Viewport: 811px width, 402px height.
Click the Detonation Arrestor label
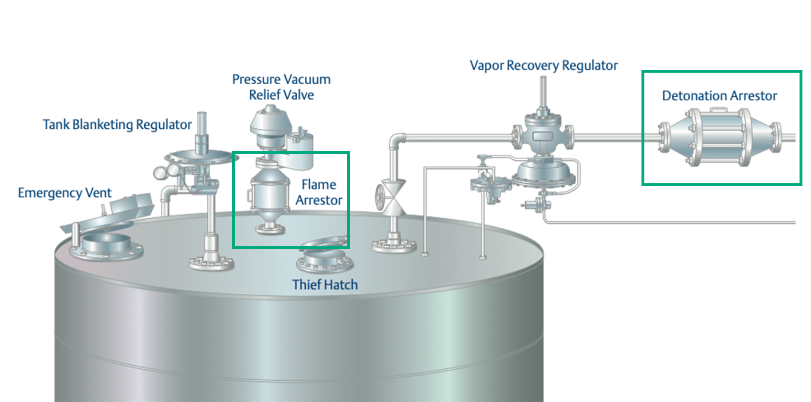(x=719, y=96)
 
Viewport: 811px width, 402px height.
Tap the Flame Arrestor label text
(x=318, y=192)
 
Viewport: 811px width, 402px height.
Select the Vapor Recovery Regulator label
(x=544, y=65)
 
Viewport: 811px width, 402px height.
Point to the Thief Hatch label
(x=325, y=284)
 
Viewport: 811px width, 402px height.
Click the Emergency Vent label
(x=65, y=192)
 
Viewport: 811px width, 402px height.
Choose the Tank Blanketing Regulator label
(x=117, y=124)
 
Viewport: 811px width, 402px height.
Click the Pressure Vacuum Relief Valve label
(x=281, y=86)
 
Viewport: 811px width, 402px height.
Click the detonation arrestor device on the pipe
(x=719, y=137)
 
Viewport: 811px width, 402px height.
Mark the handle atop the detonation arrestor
(x=719, y=110)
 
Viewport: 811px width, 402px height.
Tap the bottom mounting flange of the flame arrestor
(x=269, y=230)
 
